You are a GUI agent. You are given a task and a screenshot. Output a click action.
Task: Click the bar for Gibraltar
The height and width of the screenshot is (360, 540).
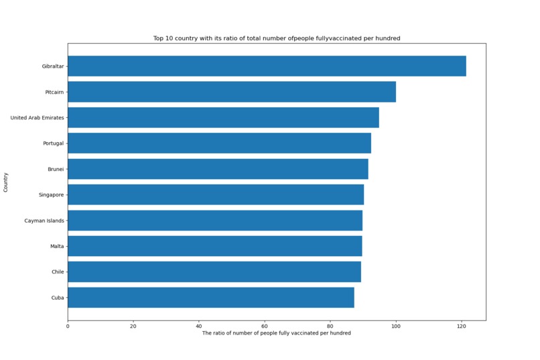coord(267,66)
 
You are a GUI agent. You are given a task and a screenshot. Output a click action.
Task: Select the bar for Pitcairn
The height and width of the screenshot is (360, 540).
coord(231,92)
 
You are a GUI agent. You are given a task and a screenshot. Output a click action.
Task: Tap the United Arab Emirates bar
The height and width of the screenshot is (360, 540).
coord(223,117)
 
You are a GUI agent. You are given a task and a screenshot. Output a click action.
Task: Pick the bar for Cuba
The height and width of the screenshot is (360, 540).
coord(210,298)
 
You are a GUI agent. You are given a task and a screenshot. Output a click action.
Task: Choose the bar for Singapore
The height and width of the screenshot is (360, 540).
coord(216,194)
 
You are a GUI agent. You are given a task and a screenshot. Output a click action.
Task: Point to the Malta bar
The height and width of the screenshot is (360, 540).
coord(214,246)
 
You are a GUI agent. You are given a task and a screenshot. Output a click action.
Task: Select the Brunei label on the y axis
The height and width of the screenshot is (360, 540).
coord(56,169)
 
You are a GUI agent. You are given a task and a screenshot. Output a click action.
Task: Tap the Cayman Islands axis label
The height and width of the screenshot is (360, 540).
coord(44,221)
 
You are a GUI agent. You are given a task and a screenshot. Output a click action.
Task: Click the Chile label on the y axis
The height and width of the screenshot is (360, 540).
coord(58,272)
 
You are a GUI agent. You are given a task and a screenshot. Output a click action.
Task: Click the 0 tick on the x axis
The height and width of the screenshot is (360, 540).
coord(68,326)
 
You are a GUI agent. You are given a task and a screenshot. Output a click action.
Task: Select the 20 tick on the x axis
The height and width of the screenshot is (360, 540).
coord(133,326)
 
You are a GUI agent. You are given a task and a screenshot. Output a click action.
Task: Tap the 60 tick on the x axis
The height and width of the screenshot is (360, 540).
coord(265,326)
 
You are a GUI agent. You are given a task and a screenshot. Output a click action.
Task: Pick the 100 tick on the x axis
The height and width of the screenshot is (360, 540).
coord(395,326)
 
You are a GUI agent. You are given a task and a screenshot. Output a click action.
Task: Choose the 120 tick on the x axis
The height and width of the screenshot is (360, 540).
coord(461,326)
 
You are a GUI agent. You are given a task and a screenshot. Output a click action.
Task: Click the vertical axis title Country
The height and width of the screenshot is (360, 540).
coord(6,182)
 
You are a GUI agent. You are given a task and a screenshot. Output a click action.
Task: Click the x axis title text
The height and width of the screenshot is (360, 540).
coord(276,333)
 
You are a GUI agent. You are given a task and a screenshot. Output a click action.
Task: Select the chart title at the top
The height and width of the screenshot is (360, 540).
coord(276,38)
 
